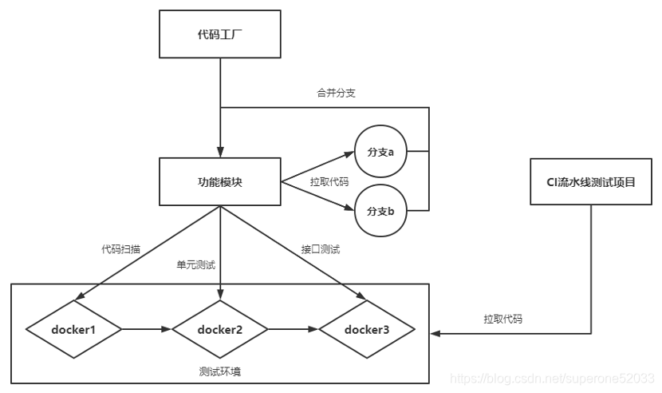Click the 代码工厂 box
pos(219,35)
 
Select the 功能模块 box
pos(219,182)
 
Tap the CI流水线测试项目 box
pos(592,182)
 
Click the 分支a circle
pos(386,151)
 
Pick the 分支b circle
pos(386,212)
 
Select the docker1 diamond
pos(73,328)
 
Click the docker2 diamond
pos(219,328)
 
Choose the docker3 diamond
pos(367,328)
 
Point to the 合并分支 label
pos(336,93)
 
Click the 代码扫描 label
pos(121,249)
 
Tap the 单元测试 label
pos(196,264)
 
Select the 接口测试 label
pos(321,249)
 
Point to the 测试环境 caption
pos(219,371)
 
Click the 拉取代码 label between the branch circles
pos(329,182)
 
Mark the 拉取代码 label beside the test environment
pos(503,318)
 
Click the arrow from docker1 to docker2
pos(147,328)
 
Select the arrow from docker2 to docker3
pos(293,328)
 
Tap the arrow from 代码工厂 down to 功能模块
pos(219,108)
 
